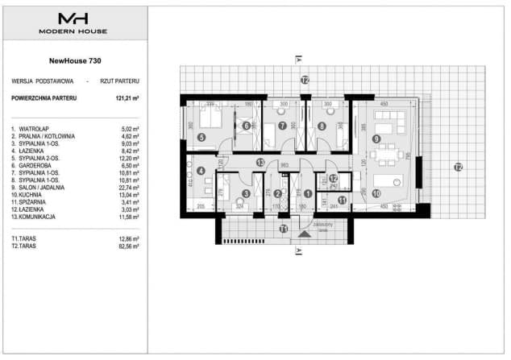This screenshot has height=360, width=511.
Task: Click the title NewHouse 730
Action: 74,60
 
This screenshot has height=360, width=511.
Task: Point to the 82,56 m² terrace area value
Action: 127,247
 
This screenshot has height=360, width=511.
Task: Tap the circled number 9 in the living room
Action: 376,139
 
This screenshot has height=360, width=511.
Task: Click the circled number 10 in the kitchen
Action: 376,193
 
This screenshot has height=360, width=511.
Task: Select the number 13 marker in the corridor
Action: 260,163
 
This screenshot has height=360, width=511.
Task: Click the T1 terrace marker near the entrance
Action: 283,230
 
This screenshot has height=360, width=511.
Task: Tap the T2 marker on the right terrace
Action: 457,168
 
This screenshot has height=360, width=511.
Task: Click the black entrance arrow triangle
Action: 304,234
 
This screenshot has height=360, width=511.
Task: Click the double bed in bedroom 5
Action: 210,120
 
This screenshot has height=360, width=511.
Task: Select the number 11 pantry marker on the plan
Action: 341,199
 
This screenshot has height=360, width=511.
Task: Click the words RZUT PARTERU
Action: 121,81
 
